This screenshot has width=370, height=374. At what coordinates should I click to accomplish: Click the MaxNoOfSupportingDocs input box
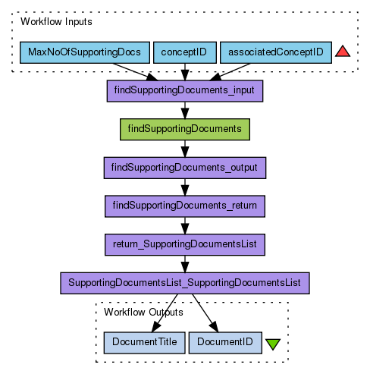point(85,52)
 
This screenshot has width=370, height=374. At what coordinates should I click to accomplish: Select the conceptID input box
point(185,52)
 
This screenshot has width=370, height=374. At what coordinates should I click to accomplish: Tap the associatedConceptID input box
point(276,52)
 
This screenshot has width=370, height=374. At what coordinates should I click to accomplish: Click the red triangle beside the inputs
point(343,52)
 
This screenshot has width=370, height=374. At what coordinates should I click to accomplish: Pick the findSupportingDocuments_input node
point(185,91)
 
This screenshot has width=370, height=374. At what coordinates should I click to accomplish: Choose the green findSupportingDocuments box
point(185,130)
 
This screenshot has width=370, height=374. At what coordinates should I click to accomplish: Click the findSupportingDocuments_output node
point(185,168)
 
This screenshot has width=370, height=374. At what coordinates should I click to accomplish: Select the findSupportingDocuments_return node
point(185,206)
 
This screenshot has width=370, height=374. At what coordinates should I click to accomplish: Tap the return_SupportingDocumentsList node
point(185,244)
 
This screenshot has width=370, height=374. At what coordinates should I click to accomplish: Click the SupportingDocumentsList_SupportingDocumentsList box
point(185,283)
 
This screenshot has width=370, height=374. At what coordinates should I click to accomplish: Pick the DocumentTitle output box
point(144,343)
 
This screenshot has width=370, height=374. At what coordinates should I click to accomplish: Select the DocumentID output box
point(225,343)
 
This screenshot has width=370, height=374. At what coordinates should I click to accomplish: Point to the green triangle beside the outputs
point(273,344)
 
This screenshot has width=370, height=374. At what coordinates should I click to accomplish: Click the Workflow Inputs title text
point(56,22)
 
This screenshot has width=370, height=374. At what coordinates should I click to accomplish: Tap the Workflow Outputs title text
point(143,313)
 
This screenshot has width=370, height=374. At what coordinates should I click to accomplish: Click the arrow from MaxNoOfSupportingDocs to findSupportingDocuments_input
point(135,72)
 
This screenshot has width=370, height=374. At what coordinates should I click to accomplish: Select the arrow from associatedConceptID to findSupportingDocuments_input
point(230,72)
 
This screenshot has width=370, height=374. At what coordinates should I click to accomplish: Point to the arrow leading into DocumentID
point(205,313)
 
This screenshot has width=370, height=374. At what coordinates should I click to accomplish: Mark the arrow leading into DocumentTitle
point(165,313)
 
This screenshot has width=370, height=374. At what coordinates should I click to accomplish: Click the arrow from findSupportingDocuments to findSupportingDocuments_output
point(185,149)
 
